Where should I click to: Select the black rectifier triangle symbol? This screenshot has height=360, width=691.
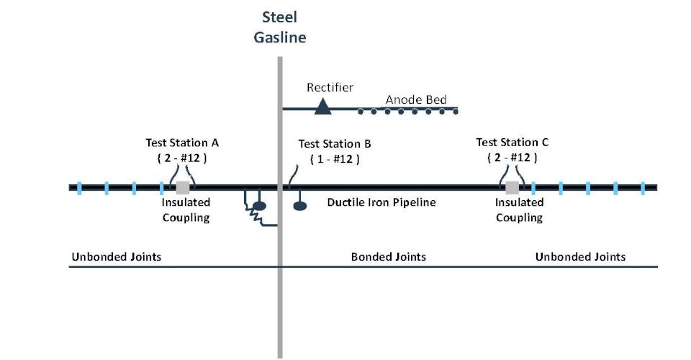pos(322,107)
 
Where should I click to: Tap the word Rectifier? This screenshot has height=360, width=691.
pos(330,87)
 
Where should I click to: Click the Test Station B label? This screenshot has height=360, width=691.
pos(335,144)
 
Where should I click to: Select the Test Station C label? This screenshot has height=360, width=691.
pos(512,142)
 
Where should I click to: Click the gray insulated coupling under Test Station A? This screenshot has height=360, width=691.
pos(183,187)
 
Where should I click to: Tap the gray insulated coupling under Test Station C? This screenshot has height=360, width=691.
pos(512,187)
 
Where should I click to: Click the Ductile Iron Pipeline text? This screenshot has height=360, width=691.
pos(381,202)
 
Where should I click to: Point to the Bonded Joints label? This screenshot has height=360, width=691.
pos(388,256)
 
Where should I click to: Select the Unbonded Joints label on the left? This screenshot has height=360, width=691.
pos(116,256)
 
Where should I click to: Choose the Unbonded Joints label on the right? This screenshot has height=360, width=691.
pos(580,256)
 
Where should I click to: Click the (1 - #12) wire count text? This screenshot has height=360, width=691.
pos(335,158)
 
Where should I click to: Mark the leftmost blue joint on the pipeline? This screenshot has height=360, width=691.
pos(79,188)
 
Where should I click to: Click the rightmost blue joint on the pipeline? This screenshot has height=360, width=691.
pos(643,188)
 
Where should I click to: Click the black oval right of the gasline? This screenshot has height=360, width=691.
pos(300,206)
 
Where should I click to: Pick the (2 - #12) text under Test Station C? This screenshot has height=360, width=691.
pos(512,157)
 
